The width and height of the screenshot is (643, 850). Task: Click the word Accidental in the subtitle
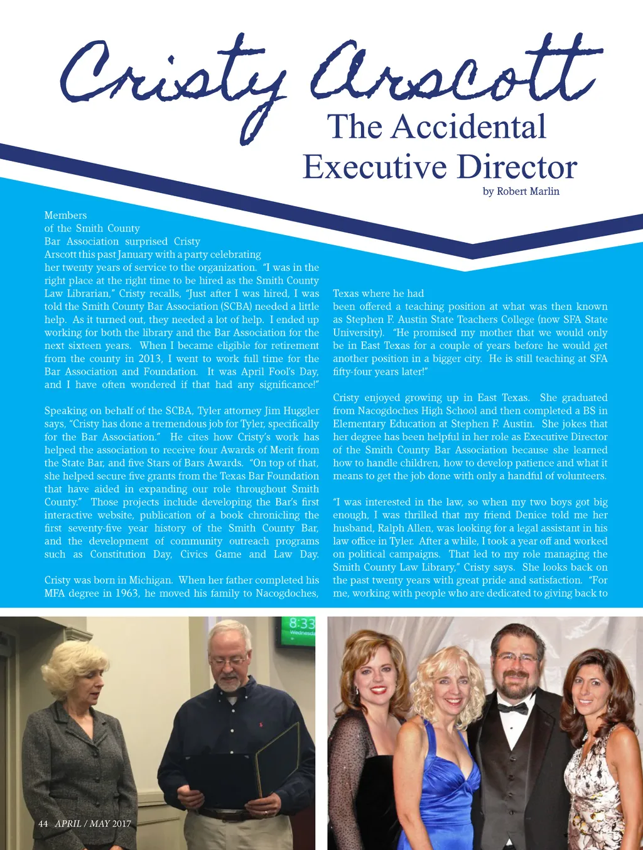point(469,127)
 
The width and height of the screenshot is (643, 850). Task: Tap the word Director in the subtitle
point(517,167)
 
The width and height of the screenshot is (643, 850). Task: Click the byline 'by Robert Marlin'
point(521,191)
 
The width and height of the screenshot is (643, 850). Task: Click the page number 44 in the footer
point(43,824)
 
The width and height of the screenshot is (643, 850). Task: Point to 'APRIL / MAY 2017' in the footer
point(93,824)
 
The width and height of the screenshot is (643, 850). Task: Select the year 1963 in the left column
point(127,593)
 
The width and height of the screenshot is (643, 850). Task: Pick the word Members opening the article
point(65,215)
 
